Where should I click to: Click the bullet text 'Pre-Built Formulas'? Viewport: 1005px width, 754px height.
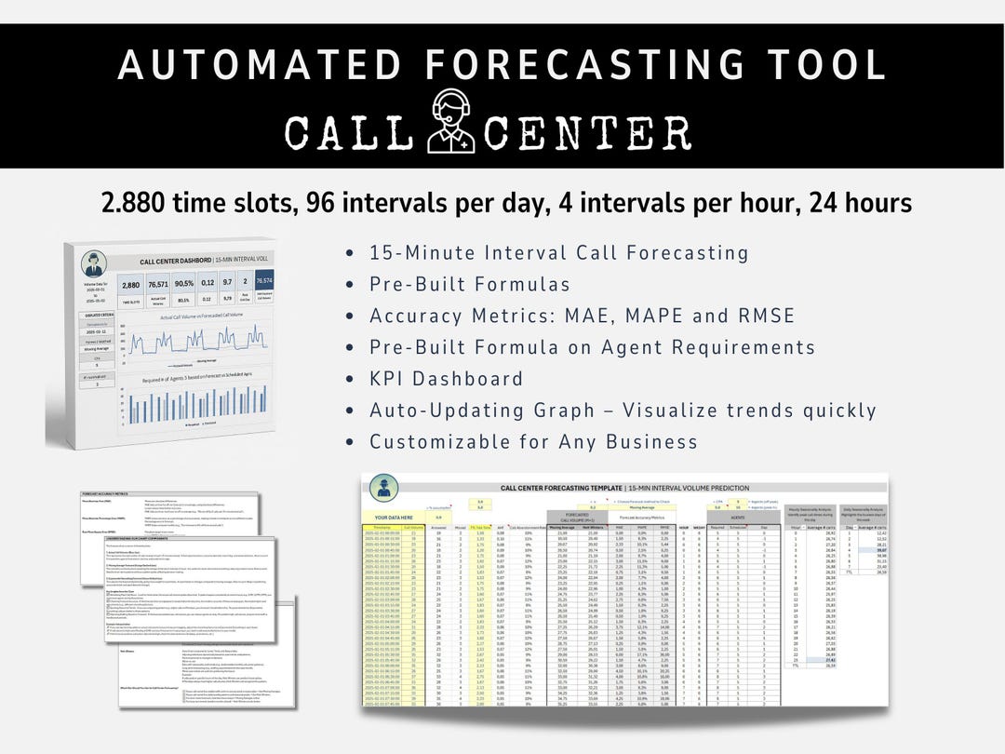[470, 284]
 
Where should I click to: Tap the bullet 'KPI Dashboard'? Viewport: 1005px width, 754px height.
[447, 378]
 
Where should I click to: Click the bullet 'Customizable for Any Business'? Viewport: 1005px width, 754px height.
[533, 440]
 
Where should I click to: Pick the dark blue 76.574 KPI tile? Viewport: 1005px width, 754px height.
[263, 281]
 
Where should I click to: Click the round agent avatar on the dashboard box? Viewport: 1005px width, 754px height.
[93, 263]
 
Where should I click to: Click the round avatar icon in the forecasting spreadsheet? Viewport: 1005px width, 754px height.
[384, 487]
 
